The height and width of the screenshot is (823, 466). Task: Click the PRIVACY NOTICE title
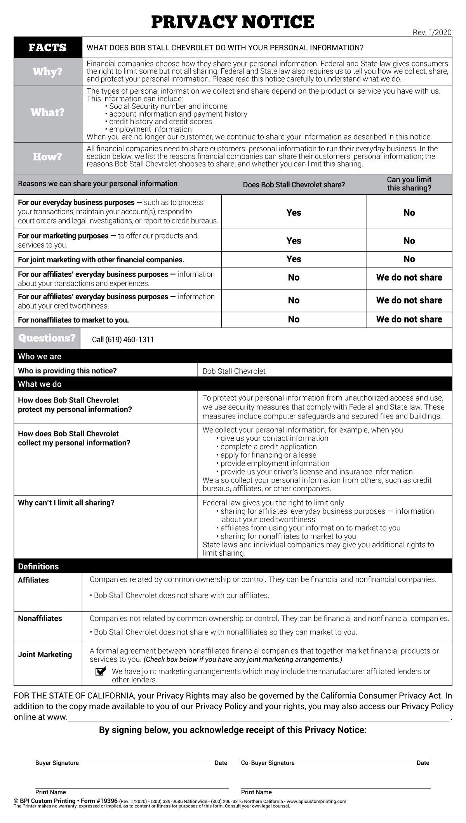coord(233,22)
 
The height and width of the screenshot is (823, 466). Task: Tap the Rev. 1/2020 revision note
coord(432,33)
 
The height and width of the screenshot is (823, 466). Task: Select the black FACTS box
coord(48,47)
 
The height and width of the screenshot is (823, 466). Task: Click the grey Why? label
coord(48,71)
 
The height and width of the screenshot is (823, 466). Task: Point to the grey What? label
coord(48,113)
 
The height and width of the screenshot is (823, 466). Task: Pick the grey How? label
coord(48,157)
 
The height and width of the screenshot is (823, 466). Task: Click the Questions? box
coord(47,338)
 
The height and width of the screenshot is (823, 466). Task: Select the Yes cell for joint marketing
coord(294,259)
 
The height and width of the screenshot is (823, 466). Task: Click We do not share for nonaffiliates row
coord(409,319)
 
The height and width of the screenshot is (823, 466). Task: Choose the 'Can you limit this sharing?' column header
coord(409,184)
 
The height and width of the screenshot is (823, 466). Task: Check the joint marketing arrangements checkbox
coord(100,671)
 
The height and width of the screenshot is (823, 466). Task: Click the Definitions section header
coord(38,566)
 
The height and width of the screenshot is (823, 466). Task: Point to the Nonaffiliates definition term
coord(40,618)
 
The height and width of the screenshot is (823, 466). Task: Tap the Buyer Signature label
coord(57,763)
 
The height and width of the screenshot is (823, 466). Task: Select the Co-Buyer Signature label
coord(268,763)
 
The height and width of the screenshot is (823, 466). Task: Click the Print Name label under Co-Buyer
coord(256,792)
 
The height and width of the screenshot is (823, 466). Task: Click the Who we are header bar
coord(40,356)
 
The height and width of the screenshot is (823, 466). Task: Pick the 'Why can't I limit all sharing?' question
coord(66,503)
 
